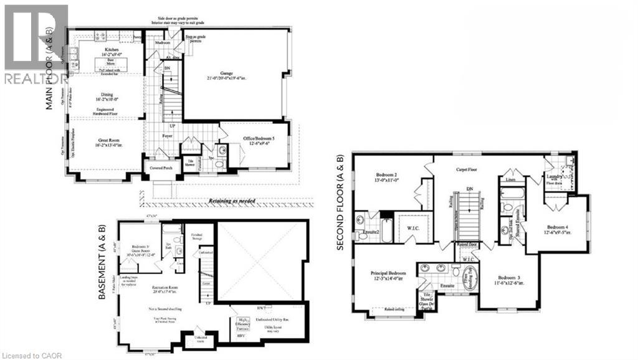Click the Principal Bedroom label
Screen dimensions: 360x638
click(389, 273)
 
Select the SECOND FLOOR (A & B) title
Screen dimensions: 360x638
click(340, 202)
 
